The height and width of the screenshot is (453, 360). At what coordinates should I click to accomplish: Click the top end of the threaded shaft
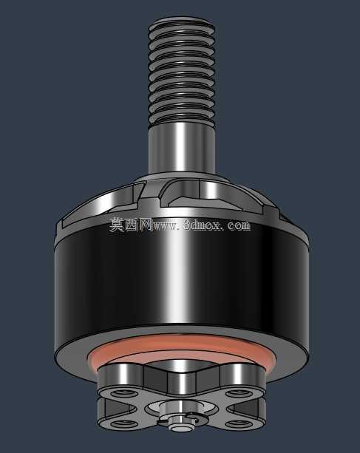[181, 22]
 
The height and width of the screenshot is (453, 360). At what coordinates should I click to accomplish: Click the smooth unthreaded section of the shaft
[181, 149]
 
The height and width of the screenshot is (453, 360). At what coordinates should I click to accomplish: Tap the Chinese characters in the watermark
[131, 225]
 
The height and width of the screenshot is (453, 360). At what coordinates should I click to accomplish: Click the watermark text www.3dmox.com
[201, 225]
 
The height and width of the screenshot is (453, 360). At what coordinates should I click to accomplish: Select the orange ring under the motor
[181, 344]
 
